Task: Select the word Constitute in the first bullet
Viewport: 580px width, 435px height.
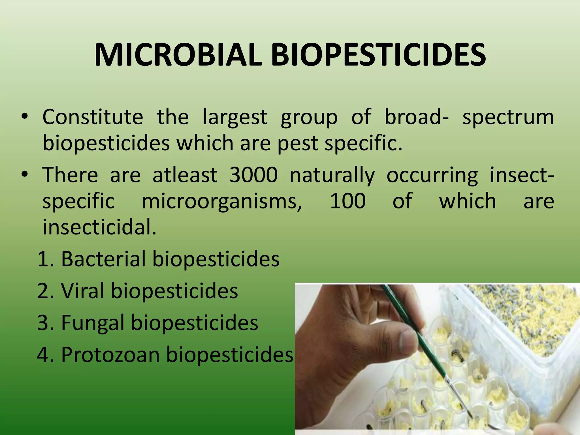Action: (93, 117)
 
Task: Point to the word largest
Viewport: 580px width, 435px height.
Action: (235, 118)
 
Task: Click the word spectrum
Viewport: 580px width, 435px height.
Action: (508, 118)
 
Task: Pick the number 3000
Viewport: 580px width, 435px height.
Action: (253, 175)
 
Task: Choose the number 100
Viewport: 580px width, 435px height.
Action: (348, 201)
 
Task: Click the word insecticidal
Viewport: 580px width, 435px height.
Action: (99, 227)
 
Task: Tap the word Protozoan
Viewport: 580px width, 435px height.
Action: (110, 355)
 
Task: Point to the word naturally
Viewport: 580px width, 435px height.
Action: (332, 176)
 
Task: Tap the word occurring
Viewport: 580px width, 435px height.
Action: (432, 176)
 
